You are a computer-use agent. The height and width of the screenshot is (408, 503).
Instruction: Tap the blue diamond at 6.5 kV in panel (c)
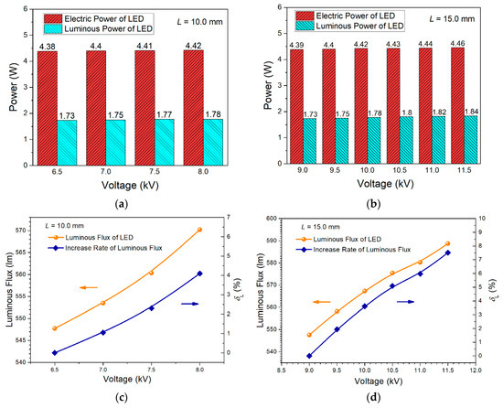pyautogui.click(x=55, y=352)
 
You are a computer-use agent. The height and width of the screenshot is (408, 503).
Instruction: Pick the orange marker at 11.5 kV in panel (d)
pyautogui.click(x=447, y=243)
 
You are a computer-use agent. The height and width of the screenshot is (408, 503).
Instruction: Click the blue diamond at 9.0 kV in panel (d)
pyautogui.click(x=309, y=356)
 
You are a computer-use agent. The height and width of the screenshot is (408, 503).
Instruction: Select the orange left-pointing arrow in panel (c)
pyautogui.click(x=89, y=287)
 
